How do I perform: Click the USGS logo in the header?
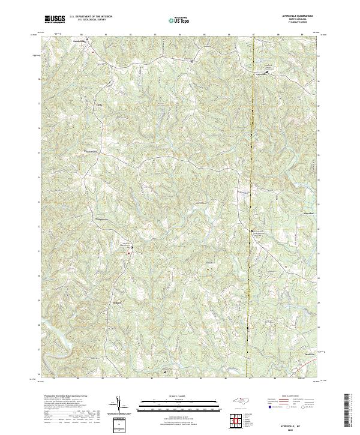point(55,19)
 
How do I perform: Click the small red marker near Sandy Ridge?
point(93,52)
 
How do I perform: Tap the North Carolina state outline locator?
point(240,404)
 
